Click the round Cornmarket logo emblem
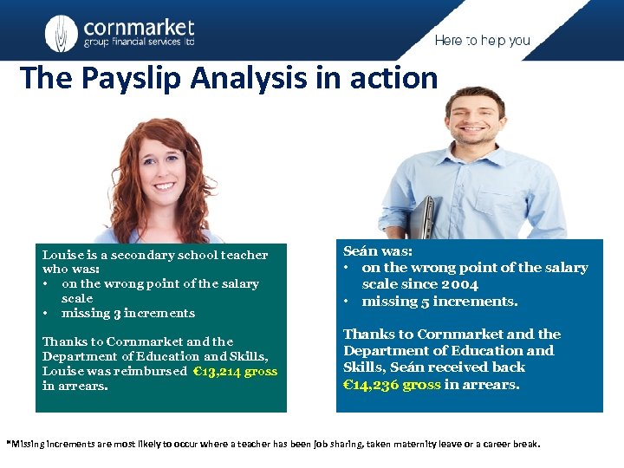tap(61, 33)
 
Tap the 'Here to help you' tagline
tap(482, 41)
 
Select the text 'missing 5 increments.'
tap(439, 302)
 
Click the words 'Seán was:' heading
tap(379, 250)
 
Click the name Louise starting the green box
tap(60, 255)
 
